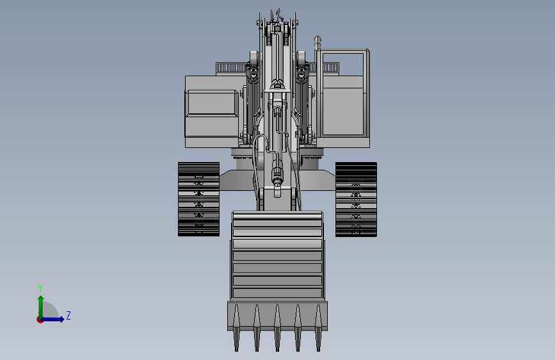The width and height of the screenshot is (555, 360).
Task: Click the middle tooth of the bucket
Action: [x=277, y=328]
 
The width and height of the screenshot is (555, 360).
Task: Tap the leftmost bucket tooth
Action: [x=236, y=328]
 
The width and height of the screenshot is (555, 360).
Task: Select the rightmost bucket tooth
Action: [x=318, y=328]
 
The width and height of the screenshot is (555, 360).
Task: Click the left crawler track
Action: [x=198, y=199]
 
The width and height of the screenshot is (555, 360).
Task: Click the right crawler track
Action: [x=356, y=199]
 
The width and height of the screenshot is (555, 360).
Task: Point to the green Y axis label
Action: [x=40, y=288]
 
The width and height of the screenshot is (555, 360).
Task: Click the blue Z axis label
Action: [x=68, y=315]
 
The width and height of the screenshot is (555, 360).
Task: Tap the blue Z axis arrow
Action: [x=52, y=319]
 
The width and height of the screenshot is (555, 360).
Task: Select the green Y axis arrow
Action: [x=41, y=307]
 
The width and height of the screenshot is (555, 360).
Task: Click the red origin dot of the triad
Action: [x=40, y=320]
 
